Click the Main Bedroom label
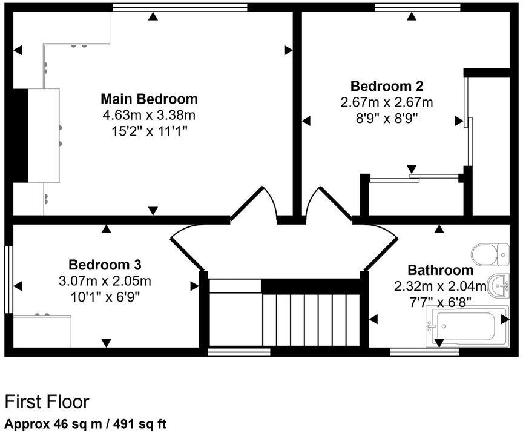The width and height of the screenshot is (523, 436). coord(149,99)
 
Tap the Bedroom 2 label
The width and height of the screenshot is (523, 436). coord(386,85)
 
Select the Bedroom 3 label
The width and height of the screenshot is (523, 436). coord(105,265)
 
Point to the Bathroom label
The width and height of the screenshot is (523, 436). coord(440,270)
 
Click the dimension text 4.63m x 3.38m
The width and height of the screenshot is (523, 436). coord(149,114)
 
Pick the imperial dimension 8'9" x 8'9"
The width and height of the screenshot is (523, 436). coord(386,117)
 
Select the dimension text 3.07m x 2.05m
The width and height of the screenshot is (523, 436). coord(105,281)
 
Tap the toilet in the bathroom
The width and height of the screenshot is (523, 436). coord(491,254)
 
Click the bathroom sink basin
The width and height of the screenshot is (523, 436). coord(499,285)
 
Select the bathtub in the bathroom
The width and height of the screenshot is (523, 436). coord(466,326)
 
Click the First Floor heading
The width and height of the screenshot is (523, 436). coord(47,401)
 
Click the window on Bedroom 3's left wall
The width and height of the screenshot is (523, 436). coord(8,279)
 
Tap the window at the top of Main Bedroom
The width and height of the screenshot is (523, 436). coord(180,7)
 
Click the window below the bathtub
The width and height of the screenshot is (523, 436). coord(424,351)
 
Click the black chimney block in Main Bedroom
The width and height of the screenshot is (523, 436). coord(20,135)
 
